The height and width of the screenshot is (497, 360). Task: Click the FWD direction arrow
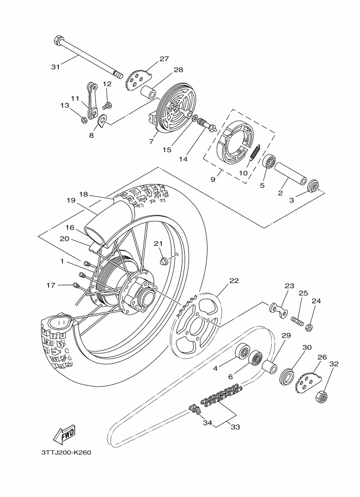(x=64, y=434)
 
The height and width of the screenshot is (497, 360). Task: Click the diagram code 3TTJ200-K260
(x=66, y=452)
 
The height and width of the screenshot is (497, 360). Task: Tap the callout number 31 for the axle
(x=56, y=67)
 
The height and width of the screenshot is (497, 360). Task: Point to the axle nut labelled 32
(x=322, y=396)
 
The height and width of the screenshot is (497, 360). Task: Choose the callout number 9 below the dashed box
(x=213, y=180)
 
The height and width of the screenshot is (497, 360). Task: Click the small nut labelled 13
(x=84, y=120)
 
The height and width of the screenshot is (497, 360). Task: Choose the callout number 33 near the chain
(x=235, y=427)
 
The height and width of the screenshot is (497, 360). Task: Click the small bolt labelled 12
(x=108, y=105)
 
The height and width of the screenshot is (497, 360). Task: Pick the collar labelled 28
(x=149, y=91)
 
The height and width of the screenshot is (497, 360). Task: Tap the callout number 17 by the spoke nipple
(x=51, y=285)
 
